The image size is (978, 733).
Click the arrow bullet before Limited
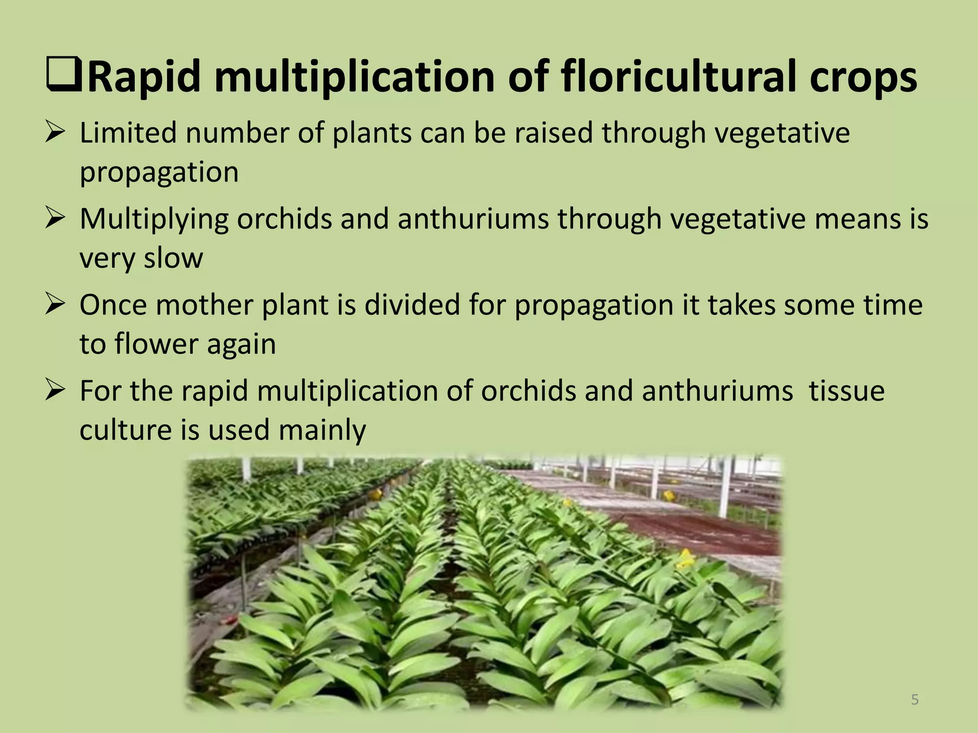pos(55,132)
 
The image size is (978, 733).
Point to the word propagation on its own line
pos(159,173)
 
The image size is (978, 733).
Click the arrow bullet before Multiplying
pos(55,218)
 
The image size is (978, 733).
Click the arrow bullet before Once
pos(55,304)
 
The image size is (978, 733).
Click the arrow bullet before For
pos(55,390)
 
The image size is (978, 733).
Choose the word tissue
pos(846,391)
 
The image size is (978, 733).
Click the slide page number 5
pos(914,700)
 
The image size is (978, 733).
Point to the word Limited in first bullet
pos(128,133)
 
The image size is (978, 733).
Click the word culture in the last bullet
pos(125,430)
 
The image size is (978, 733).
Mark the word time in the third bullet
pos(893,305)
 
